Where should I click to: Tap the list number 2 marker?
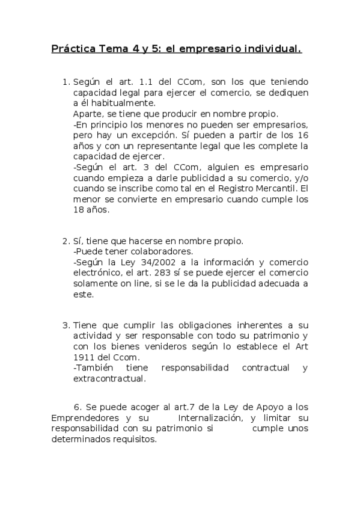(65, 241)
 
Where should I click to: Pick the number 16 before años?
(302, 135)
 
